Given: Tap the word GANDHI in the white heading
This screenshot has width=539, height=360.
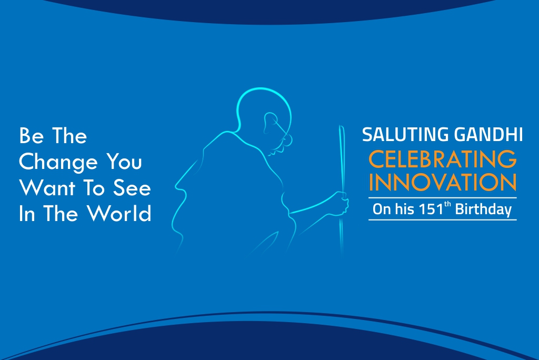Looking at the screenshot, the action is [488, 134].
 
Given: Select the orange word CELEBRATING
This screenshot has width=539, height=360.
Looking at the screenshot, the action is [442, 159].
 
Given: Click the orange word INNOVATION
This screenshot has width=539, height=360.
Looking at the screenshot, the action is [442, 182].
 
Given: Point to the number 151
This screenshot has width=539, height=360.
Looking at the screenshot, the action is [431, 209].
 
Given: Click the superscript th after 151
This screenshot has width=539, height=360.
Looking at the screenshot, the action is [447, 204].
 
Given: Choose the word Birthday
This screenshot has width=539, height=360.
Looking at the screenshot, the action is [483, 209].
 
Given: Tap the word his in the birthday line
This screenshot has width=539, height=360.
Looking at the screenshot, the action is [404, 209].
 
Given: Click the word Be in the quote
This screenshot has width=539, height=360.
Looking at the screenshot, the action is [31, 135].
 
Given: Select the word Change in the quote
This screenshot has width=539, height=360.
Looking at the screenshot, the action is [58, 162].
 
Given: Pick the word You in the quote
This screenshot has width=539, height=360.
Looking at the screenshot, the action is [124, 161].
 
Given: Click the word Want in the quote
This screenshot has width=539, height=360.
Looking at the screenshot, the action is [47, 188].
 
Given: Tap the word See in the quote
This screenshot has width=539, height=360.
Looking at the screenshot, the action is [132, 188].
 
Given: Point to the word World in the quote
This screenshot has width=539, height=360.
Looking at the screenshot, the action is [119, 213].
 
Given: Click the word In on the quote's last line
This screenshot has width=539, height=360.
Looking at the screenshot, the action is [27, 214].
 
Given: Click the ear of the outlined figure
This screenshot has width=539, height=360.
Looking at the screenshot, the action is [270, 122].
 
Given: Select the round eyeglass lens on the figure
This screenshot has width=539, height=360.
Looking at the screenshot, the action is [287, 139].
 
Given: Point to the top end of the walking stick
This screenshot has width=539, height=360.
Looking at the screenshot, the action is [341, 126].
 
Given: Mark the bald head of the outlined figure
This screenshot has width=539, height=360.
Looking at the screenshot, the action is [263, 90].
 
